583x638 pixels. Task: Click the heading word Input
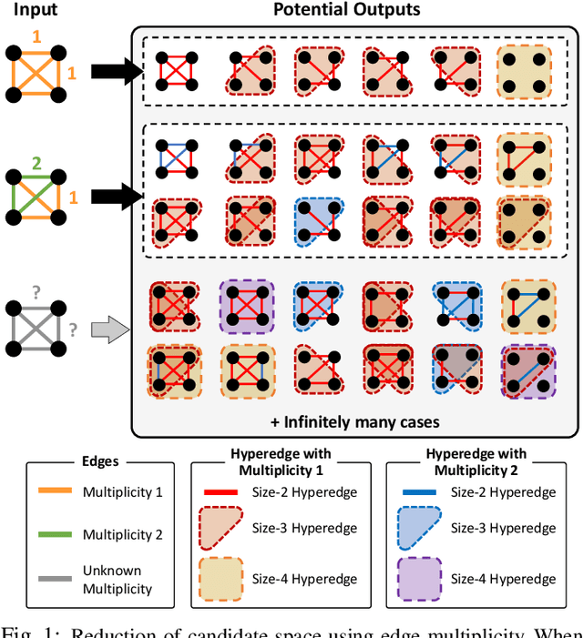(34, 11)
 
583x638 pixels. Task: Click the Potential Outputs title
(348, 11)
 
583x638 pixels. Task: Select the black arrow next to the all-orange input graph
(109, 70)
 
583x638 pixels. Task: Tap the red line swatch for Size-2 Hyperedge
(219, 492)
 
